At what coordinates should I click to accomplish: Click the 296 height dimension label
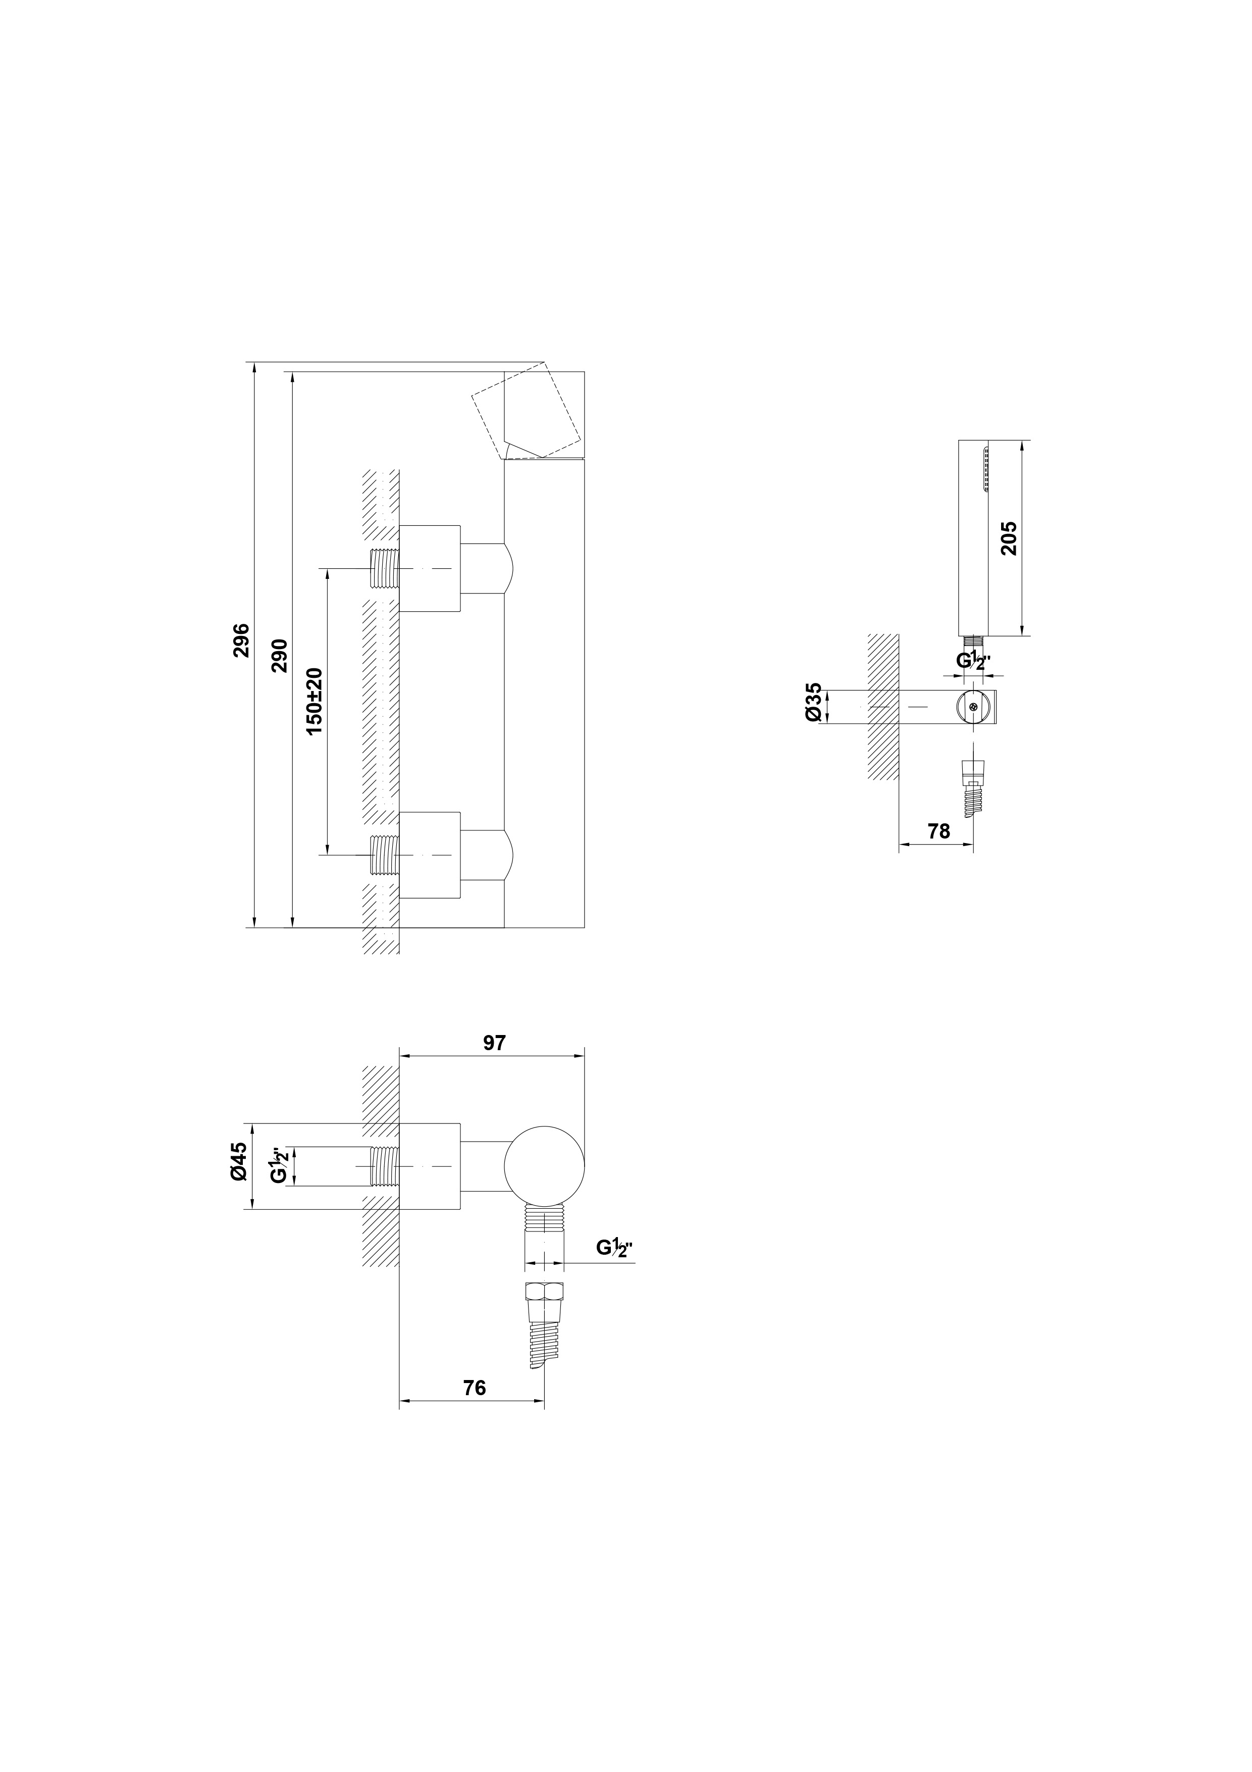pos(241,640)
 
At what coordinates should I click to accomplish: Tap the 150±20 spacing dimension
pos(314,702)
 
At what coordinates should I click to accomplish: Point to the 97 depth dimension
pos(494,1042)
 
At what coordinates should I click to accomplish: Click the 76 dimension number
pos(475,1387)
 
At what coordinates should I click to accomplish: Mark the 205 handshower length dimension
pos(1008,538)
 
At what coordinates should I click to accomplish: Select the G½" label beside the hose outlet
pos(614,1269)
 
